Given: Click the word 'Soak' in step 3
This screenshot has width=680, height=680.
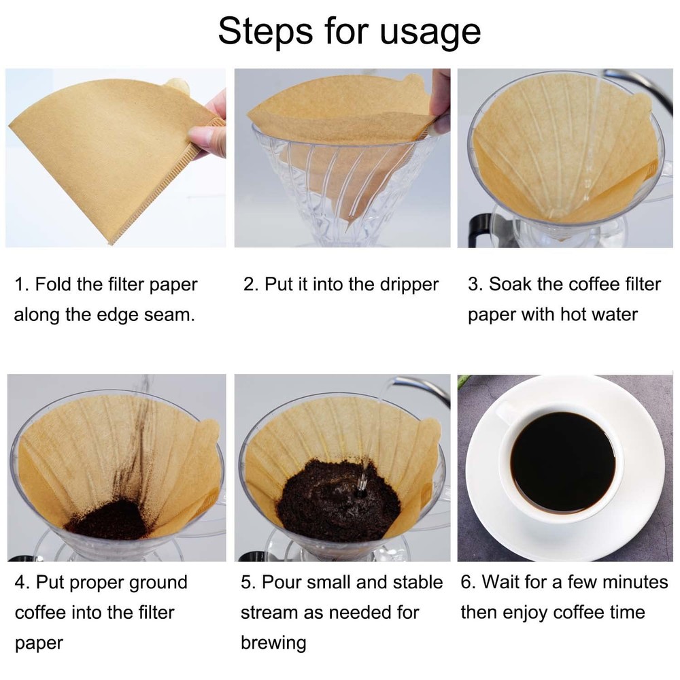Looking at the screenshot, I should point(510,284).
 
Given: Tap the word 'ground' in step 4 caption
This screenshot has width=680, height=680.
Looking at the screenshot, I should point(155,583).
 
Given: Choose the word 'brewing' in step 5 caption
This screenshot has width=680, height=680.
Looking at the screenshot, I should point(273,642).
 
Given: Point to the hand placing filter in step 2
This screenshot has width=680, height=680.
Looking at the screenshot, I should point(441,102).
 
